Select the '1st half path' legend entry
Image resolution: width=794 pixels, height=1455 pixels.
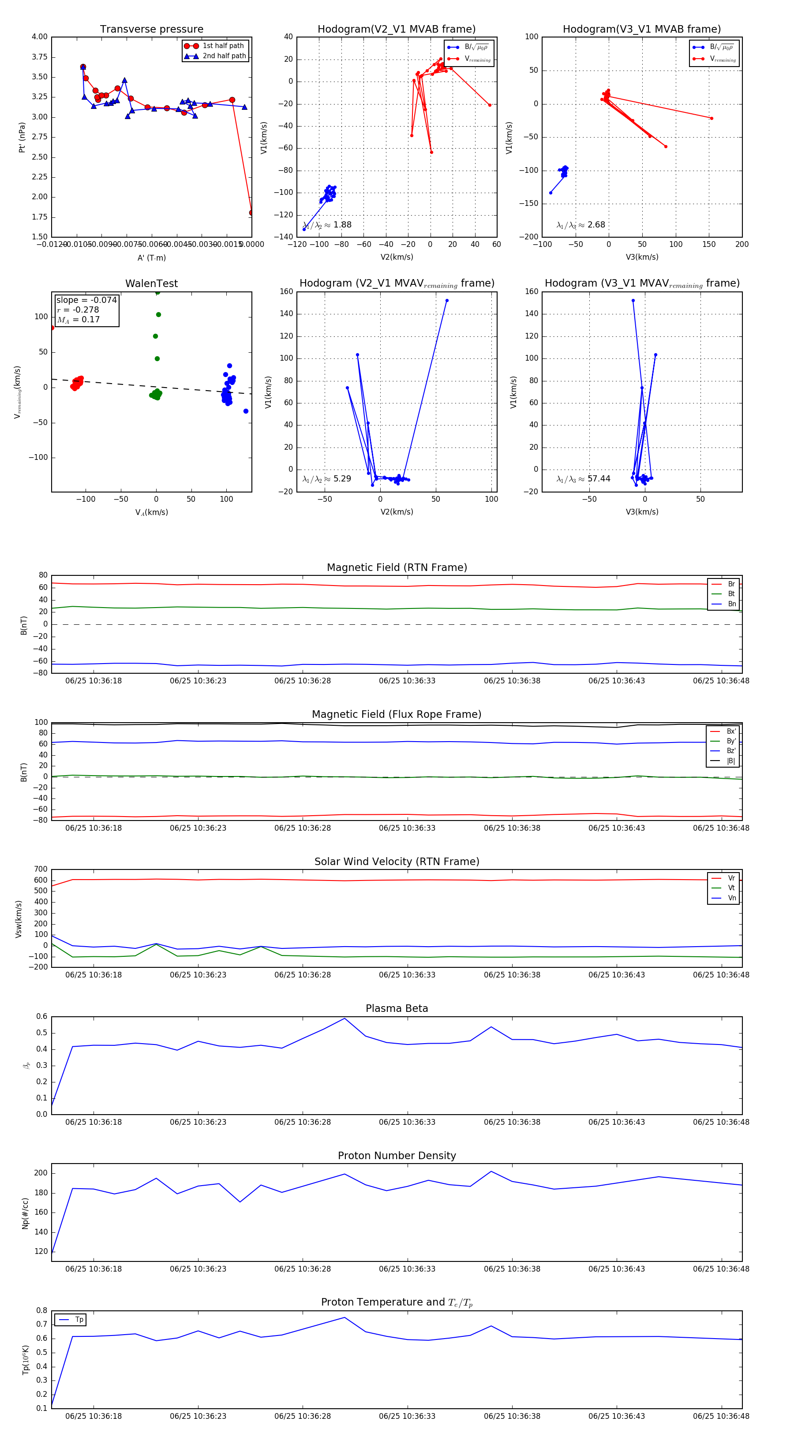[223, 46]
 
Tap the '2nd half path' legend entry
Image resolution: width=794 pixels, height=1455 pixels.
[224, 56]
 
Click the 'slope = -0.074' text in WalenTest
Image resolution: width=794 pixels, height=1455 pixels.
[86, 300]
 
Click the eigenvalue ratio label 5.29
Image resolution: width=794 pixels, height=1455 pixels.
[342, 478]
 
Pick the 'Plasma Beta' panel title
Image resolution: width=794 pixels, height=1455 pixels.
[397, 1008]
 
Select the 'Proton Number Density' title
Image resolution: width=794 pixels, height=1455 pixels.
[397, 1155]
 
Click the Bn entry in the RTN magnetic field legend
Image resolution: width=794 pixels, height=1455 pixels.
[731, 604]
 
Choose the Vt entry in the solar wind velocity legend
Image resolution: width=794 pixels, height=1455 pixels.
[731, 888]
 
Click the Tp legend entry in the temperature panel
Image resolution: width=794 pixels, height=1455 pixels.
[79, 1320]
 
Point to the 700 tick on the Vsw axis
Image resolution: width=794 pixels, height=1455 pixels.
[41, 869]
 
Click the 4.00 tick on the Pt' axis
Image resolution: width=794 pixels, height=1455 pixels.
[40, 37]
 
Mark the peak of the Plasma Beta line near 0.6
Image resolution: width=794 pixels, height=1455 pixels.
[345, 1018]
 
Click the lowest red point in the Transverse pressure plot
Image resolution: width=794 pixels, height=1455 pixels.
[251, 213]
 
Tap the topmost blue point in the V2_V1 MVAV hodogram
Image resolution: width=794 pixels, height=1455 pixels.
[446, 301]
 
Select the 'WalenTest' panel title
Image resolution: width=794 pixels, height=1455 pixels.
[151, 283]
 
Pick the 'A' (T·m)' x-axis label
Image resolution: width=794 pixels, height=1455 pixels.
[151, 257]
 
